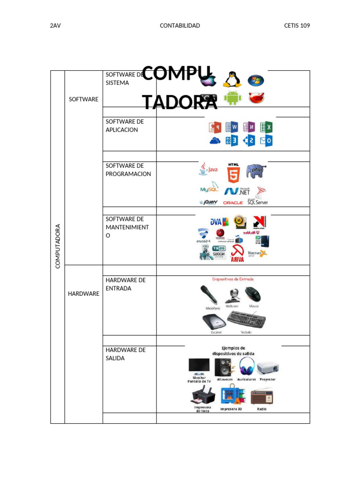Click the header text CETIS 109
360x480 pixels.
[x=297, y=26]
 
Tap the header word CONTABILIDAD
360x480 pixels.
[x=180, y=26]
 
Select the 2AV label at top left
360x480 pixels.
[x=55, y=26]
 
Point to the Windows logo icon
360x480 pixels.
[x=255, y=80]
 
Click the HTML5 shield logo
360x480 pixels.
[x=233, y=173]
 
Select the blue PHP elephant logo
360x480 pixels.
[x=256, y=171]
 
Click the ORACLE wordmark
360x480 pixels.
[x=233, y=202]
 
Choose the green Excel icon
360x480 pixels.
[x=266, y=127]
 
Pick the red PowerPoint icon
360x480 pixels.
[x=215, y=127]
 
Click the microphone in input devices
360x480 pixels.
[x=209, y=295]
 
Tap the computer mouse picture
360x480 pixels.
[x=253, y=294]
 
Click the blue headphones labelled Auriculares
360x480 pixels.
[x=247, y=366]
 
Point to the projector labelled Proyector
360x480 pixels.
[x=267, y=367]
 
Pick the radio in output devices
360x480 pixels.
[x=262, y=397]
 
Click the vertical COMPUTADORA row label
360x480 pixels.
[x=58, y=247]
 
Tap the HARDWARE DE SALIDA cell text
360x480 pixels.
[x=126, y=354]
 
